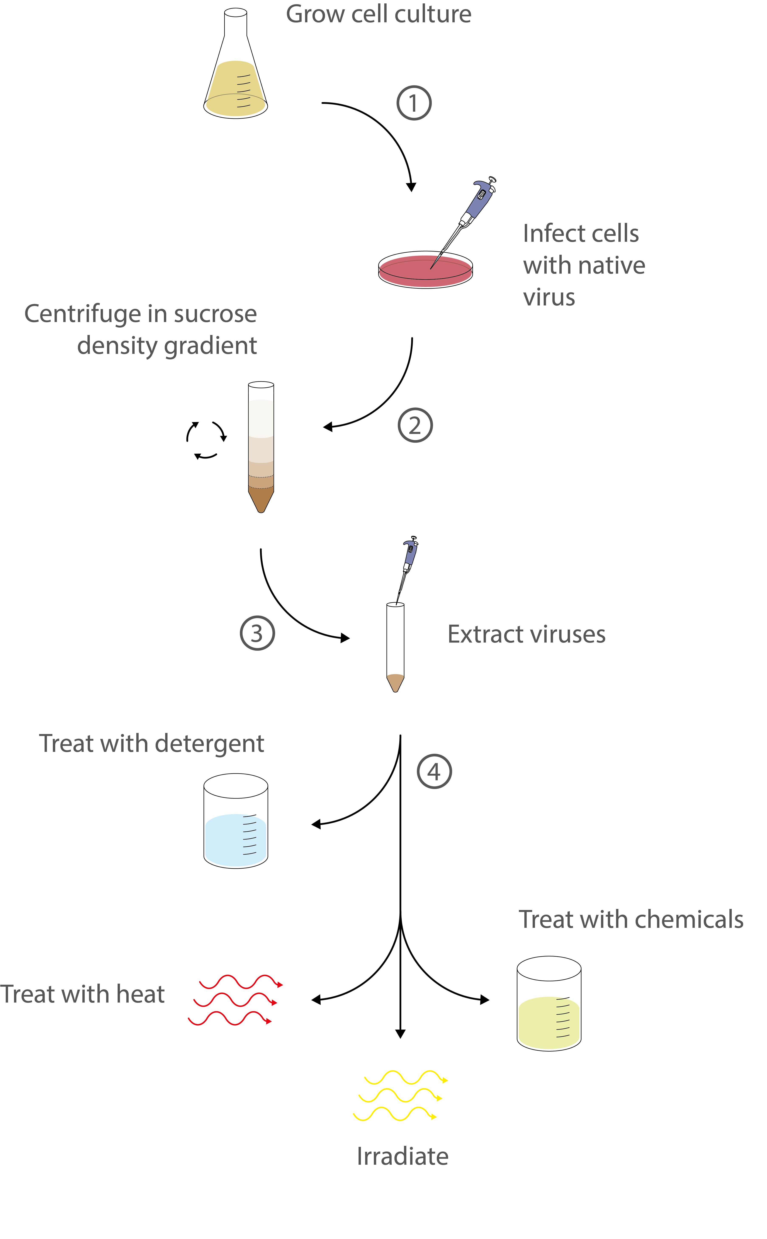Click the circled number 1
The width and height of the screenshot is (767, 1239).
pos(414,103)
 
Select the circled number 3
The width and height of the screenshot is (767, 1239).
pos(257,633)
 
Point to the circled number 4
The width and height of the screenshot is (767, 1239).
pos(434,771)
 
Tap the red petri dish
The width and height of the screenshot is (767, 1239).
pos(425,270)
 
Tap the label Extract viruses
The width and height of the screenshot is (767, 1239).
pos(526,634)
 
